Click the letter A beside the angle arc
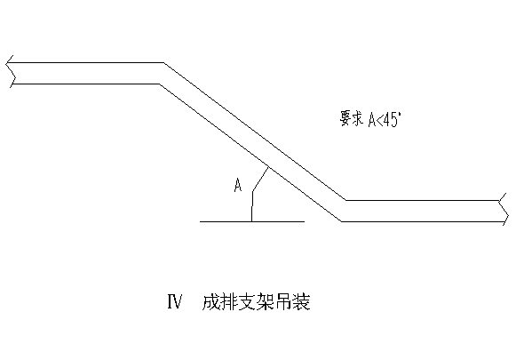click(238, 185)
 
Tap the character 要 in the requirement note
click(345, 118)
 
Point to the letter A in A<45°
click(372, 119)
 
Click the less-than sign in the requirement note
click(380, 120)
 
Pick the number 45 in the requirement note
click(390, 119)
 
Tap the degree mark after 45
click(399, 115)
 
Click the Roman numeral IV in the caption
click(175, 301)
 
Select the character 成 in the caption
click(210, 301)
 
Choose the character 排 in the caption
click(228, 301)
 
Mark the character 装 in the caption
click(301, 301)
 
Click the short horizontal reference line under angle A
click(252, 221)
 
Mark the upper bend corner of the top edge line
click(164, 62)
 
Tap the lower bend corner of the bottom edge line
click(341, 221)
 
